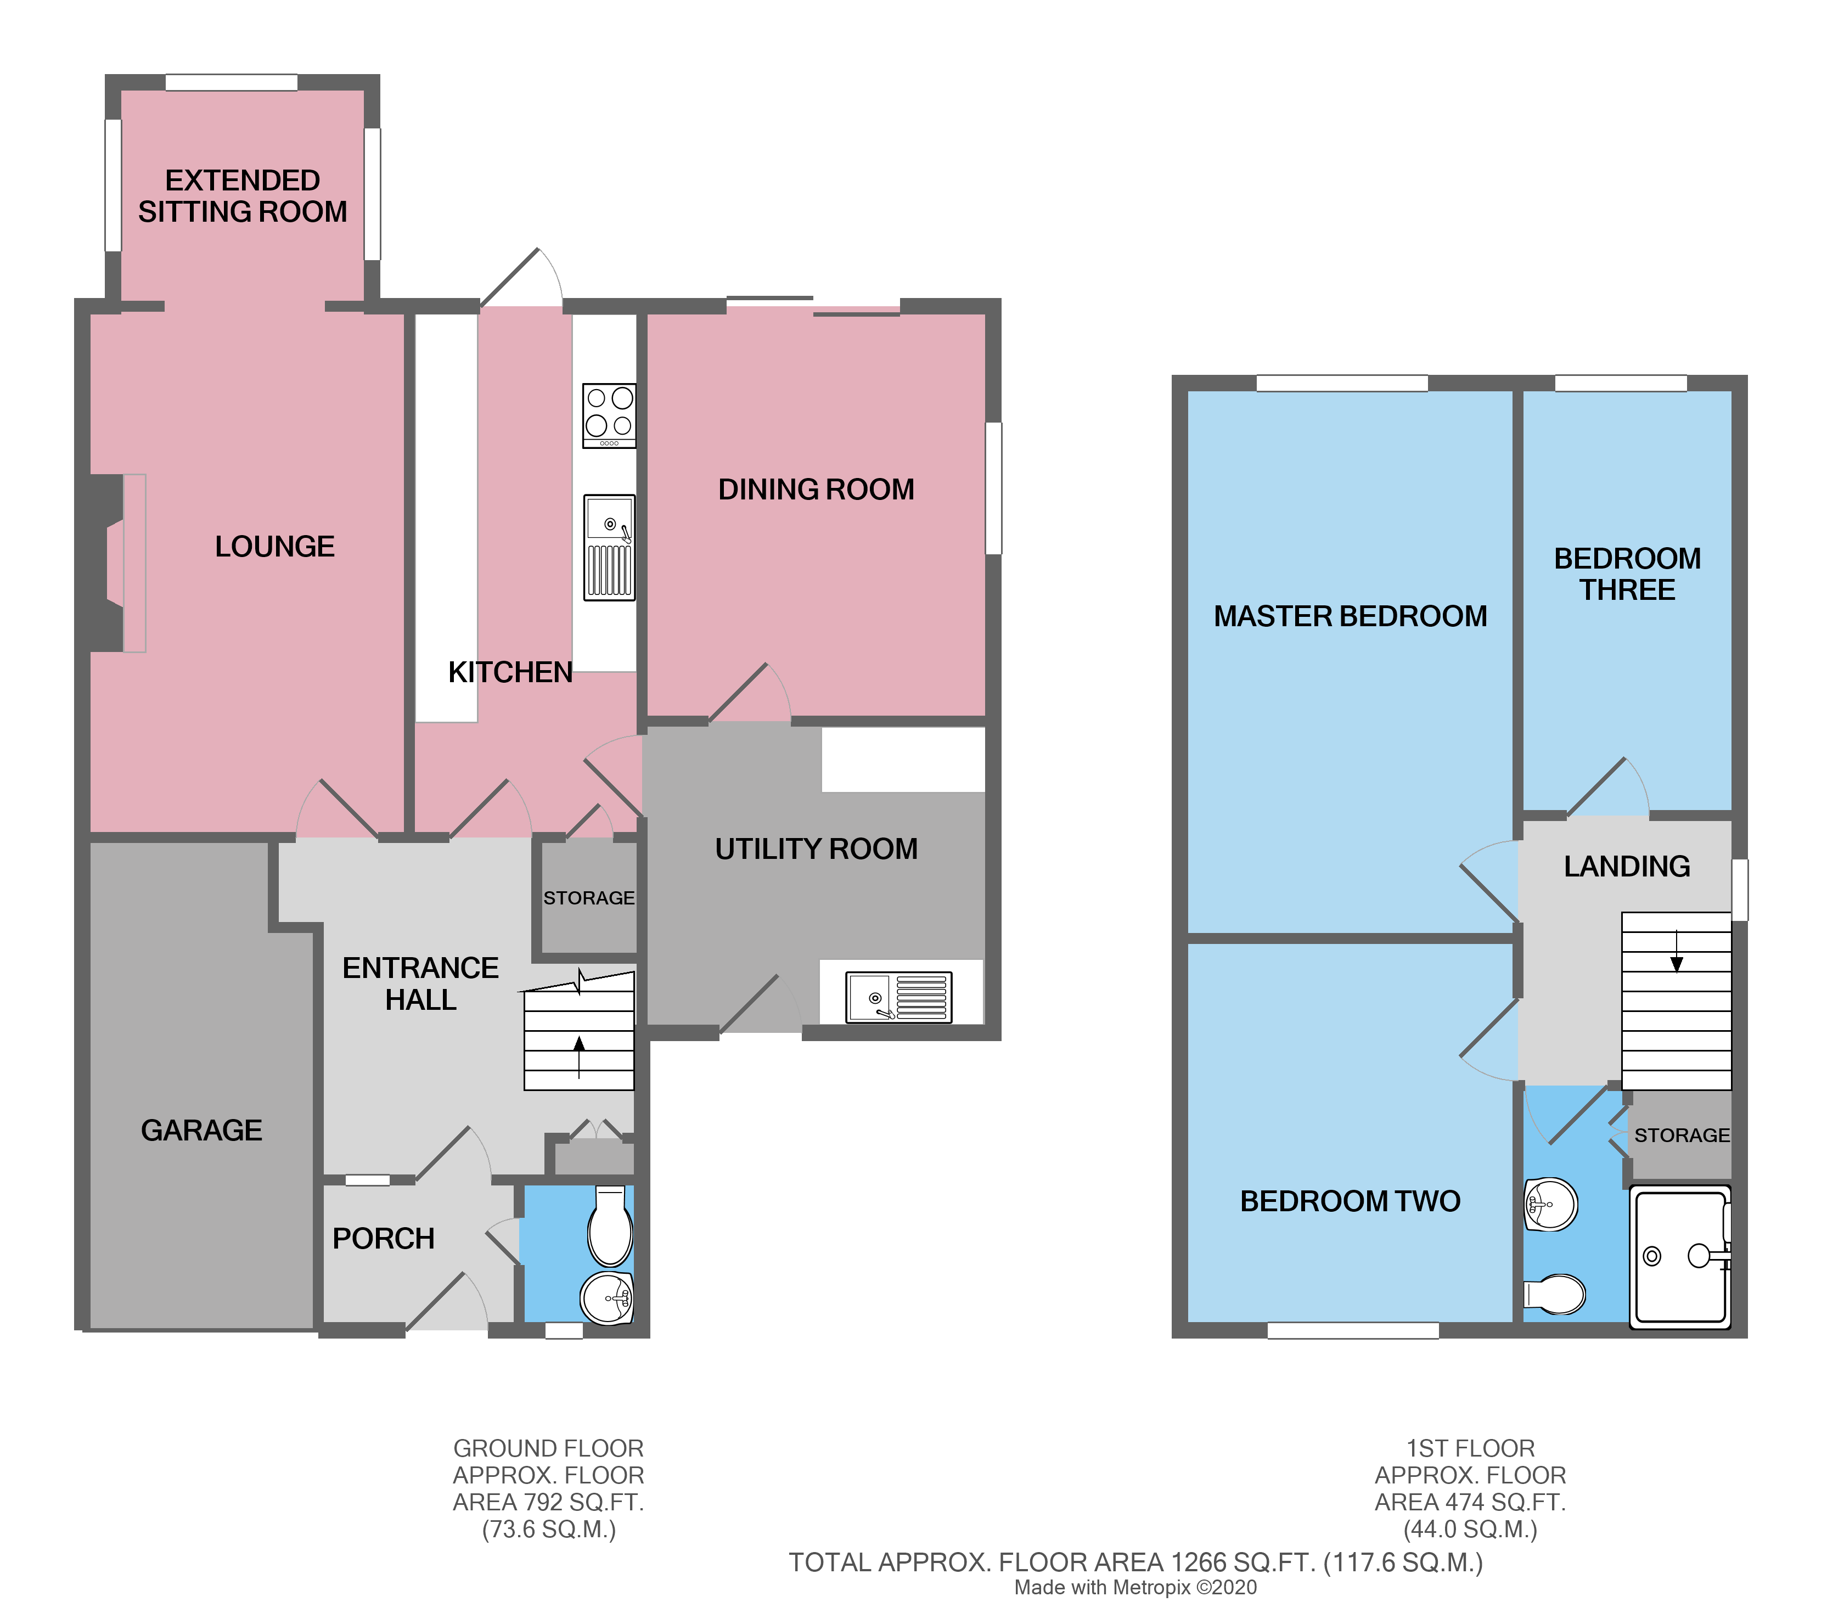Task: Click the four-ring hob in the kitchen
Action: tap(609, 415)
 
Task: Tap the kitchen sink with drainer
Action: tap(609, 547)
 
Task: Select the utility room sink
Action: tap(898, 997)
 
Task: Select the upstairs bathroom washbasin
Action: tap(1551, 1204)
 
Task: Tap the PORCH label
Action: tap(384, 1238)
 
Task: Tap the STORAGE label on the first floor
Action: tap(1682, 1136)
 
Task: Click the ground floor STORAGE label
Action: tap(588, 897)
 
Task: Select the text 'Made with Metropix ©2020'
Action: tap(1135, 1587)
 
